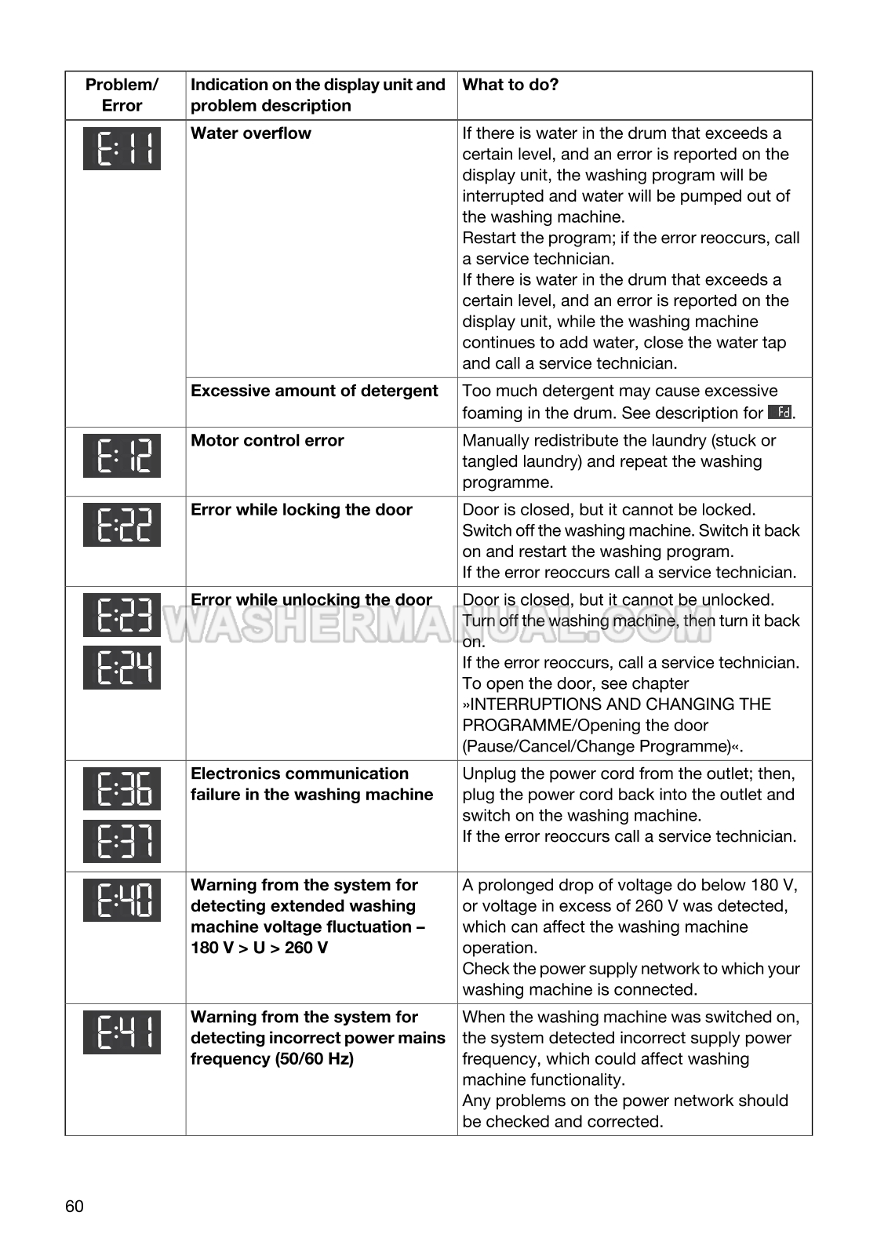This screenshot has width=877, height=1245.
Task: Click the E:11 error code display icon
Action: (122, 148)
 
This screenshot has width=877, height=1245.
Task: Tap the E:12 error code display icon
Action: (122, 456)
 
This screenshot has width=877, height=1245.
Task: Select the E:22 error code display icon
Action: (122, 525)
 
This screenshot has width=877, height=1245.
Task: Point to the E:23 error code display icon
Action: (122, 615)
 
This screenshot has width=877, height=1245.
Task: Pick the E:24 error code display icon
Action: (122, 668)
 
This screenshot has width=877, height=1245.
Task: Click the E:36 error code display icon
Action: (122, 789)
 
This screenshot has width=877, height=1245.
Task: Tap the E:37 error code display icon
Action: (122, 841)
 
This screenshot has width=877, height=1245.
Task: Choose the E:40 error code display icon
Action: (122, 900)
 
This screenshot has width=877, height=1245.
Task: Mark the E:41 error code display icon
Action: (122, 1032)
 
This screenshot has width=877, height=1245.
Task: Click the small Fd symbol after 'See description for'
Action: (780, 412)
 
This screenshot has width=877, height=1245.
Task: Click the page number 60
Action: (75, 1206)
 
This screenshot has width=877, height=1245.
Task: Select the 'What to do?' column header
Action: (511, 85)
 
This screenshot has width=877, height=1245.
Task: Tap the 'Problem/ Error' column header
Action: (122, 95)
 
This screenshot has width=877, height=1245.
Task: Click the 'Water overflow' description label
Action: (251, 133)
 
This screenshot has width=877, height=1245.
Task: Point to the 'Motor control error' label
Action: (267, 441)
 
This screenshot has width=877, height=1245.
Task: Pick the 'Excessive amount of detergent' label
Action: (315, 391)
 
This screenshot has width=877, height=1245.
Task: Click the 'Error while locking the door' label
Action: (301, 510)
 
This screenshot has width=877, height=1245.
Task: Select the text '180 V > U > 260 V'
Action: (260, 948)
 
